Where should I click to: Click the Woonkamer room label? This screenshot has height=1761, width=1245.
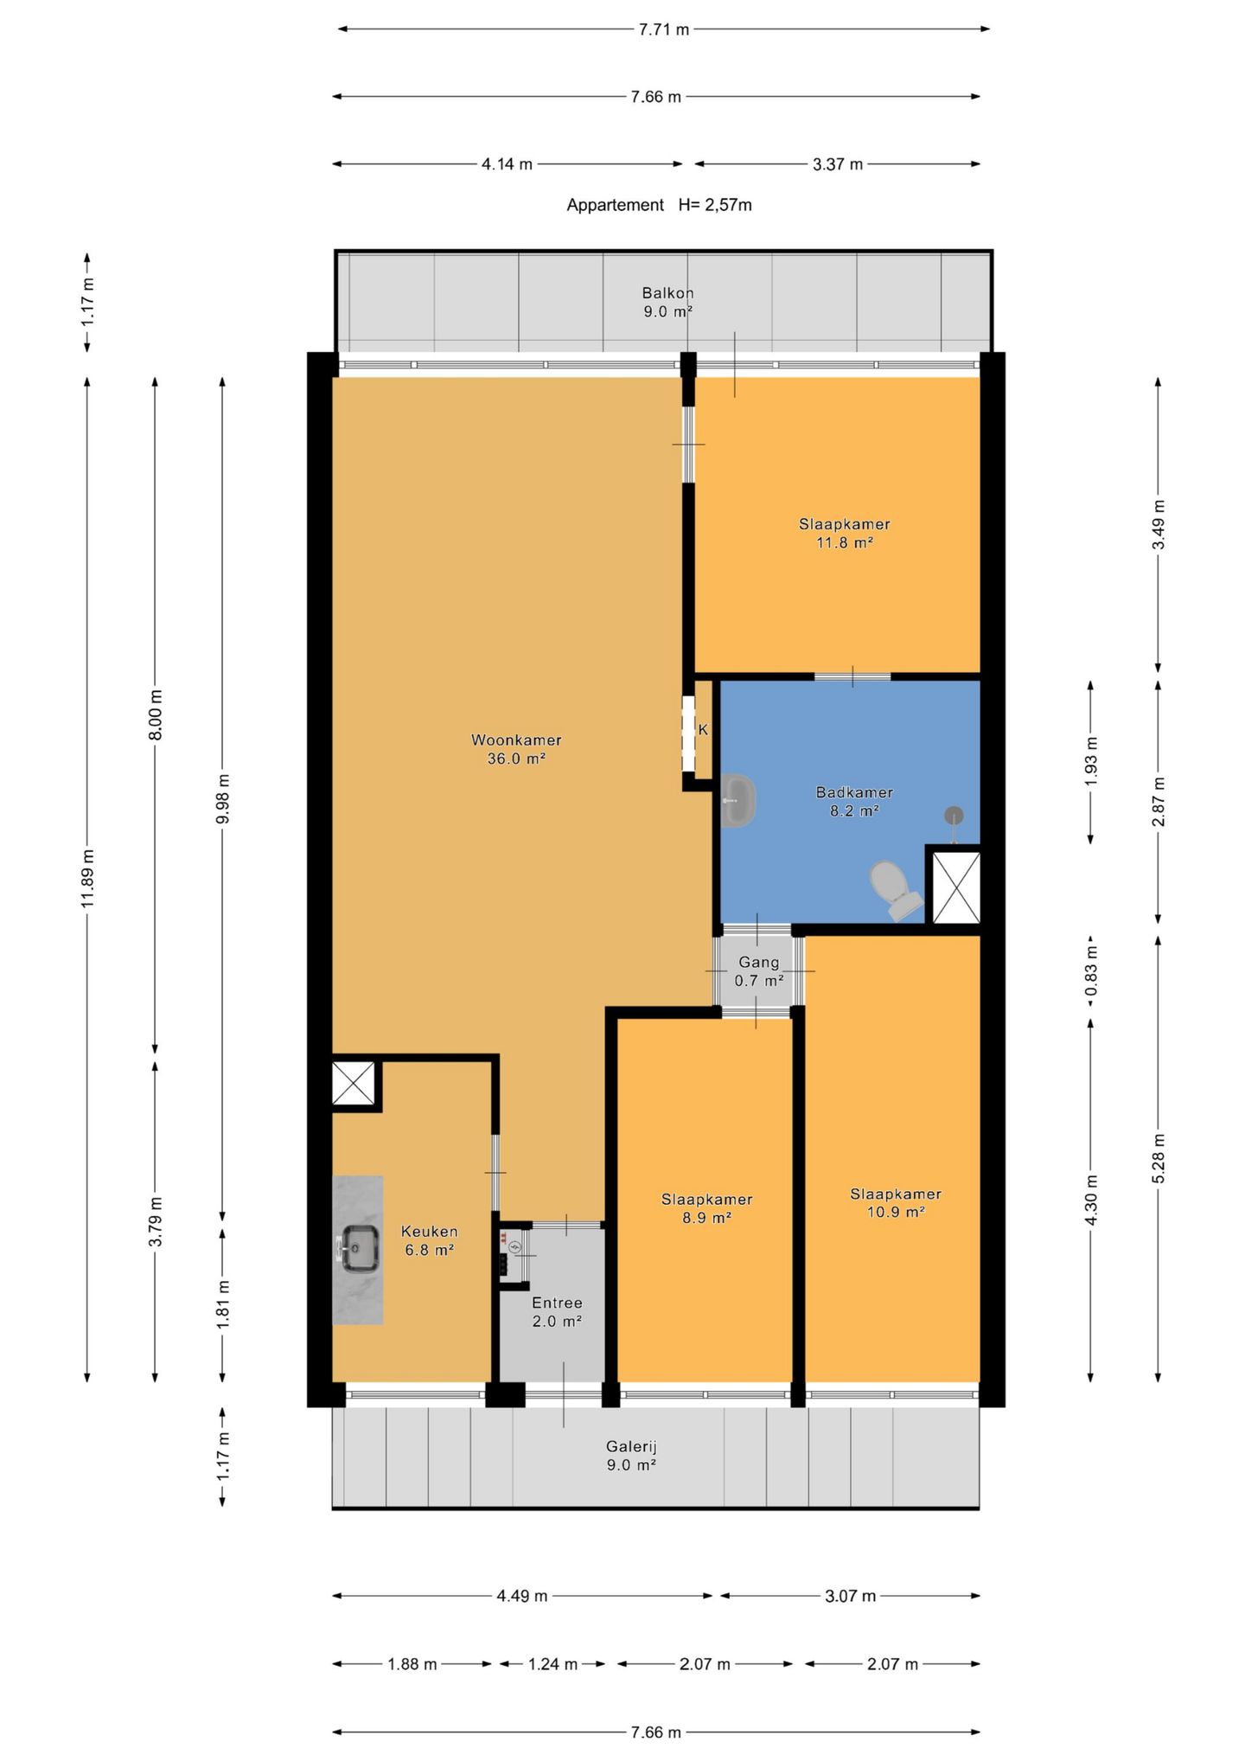516,749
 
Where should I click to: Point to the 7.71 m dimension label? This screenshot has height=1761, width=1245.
664,29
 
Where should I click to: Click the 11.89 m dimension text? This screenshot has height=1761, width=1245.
87,878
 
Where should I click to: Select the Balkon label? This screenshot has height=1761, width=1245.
667,302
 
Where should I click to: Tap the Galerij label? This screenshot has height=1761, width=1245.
631,1455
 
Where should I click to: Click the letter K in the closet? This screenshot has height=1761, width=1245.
703,730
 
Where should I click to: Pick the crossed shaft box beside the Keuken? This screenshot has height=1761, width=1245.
354,1082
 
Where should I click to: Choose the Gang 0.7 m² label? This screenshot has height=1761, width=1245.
758,970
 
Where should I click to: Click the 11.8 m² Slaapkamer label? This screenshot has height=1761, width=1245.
844,533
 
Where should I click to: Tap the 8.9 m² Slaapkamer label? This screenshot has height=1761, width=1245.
706,1208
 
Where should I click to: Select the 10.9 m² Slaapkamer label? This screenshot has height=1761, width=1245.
896,1202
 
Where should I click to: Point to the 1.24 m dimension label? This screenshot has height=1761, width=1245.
552,1664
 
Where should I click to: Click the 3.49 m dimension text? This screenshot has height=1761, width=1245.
1159,524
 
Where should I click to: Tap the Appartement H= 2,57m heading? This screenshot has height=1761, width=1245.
659,205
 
